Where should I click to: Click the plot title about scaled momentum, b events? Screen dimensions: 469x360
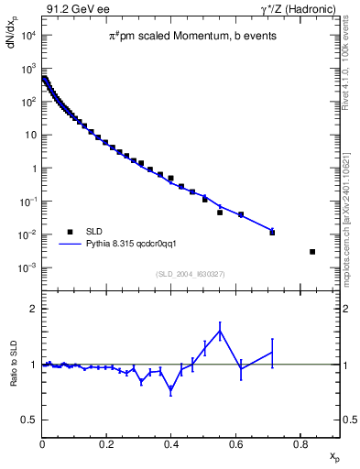pos(191,37)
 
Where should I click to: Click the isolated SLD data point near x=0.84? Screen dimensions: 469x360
pos(312,252)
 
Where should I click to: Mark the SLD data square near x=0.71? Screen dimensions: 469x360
pos(272,233)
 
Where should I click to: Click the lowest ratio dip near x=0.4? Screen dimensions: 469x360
pos(171,390)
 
